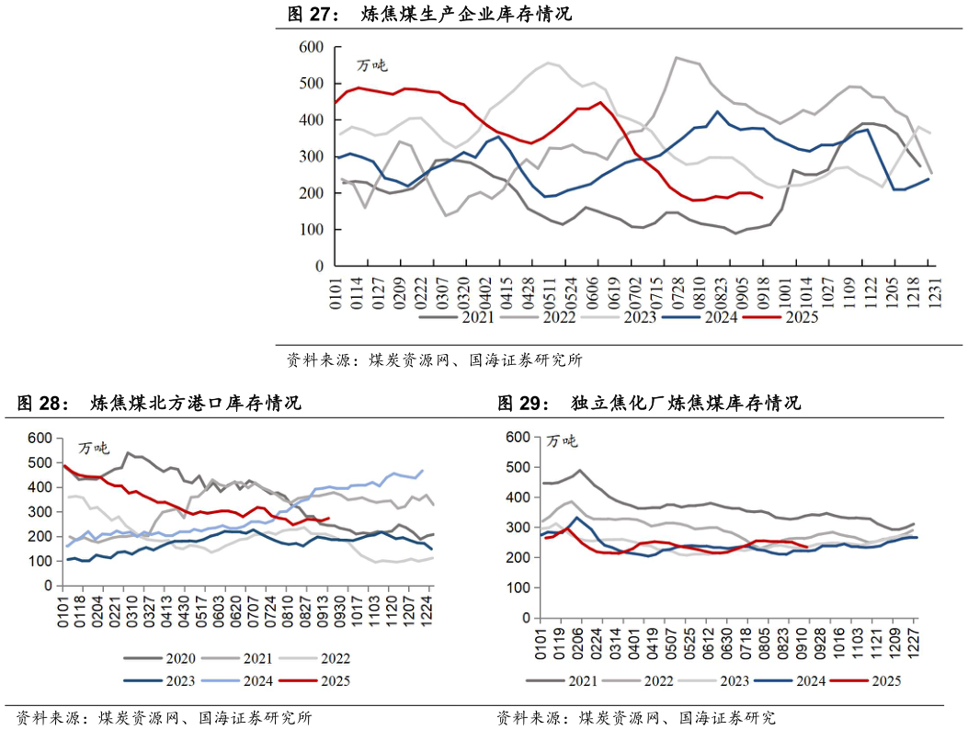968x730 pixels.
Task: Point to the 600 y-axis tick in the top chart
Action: (x=312, y=47)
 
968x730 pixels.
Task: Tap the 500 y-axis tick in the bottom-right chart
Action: (x=520, y=467)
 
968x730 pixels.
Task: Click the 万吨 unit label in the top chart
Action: (x=371, y=65)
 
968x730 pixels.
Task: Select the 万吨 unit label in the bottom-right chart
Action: (x=562, y=441)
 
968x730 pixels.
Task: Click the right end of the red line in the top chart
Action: (x=762, y=198)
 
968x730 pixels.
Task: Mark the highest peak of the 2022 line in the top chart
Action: (x=677, y=57)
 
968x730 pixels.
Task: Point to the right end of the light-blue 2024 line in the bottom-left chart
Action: (x=423, y=471)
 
